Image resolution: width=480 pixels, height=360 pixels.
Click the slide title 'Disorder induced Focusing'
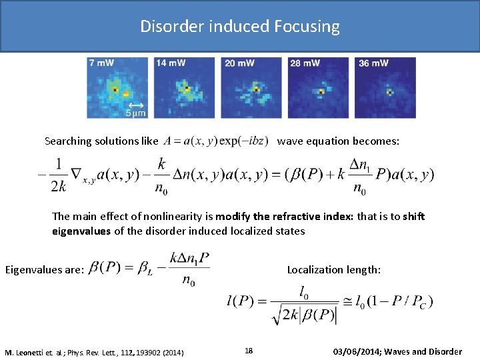click(240, 27)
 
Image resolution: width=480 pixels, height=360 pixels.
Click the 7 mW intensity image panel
click(117, 87)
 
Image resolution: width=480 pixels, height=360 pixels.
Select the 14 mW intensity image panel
click(185, 87)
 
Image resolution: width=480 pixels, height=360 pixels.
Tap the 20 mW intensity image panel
click(252, 87)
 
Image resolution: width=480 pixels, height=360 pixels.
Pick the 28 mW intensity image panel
click(319, 87)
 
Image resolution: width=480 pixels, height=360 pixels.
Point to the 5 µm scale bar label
click(136, 113)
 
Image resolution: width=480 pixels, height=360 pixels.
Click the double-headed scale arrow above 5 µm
click(136, 105)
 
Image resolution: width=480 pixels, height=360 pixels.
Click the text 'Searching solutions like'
click(101, 141)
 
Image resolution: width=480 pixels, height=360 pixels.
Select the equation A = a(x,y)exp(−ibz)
click(216, 141)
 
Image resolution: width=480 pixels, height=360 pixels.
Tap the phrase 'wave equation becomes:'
click(339, 141)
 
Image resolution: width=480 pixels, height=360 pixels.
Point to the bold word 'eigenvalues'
click(80, 231)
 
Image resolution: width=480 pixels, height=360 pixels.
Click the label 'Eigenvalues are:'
click(44, 270)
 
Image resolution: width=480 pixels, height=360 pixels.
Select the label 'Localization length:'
click(334, 270)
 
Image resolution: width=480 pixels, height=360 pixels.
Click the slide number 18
click(249, 351)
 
